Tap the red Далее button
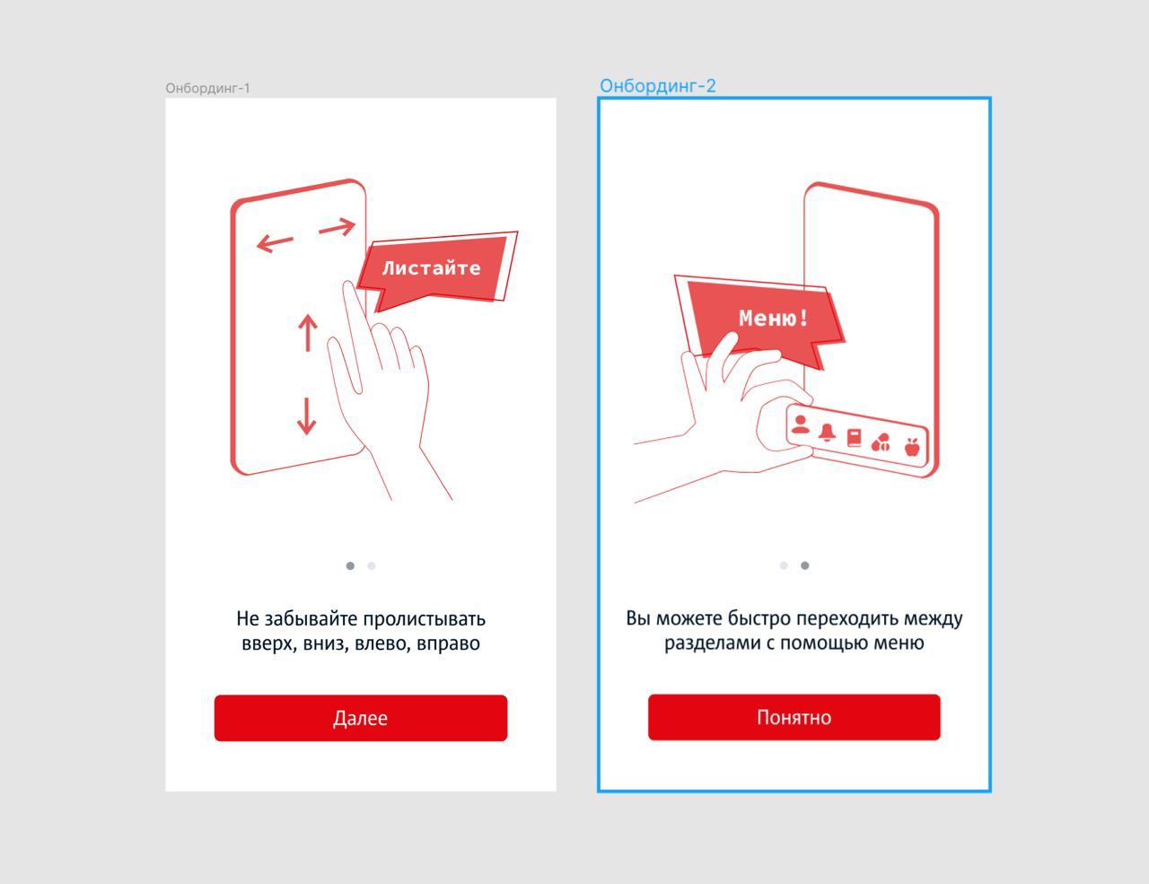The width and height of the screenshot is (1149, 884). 361,718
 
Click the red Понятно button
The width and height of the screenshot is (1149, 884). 794,717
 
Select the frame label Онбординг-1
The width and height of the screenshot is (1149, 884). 207,88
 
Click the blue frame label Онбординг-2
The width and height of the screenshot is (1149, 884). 658,85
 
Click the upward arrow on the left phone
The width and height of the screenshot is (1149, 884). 307,333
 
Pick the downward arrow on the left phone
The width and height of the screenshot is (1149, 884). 307,416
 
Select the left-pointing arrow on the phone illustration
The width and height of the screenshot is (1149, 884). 275,243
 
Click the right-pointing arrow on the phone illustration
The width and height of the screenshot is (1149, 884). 337,227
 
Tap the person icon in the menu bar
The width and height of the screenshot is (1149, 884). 801,424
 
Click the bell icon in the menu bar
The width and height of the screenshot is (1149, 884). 827,433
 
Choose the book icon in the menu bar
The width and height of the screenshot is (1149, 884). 855,437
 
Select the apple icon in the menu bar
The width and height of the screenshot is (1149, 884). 912,447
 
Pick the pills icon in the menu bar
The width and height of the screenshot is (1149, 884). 881,442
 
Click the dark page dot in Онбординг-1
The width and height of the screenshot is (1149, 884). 350,566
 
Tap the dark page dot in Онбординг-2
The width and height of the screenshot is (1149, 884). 805,565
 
